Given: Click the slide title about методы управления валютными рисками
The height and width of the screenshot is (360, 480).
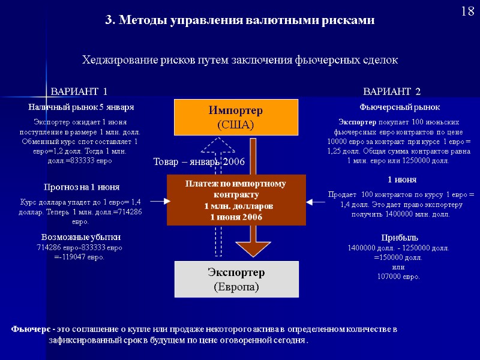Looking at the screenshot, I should pyautogui.click(x=239, y=20).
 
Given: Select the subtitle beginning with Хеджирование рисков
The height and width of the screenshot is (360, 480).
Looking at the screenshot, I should pyautogui.click(x=239, y=61).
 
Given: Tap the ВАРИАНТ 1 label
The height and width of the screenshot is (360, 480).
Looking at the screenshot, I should pyautogui.click(x=79, y=91).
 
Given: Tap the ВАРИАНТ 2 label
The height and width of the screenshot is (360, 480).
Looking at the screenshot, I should pyautogui.click(x=392, y=91).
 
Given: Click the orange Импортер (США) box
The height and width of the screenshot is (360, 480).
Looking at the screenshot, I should pyautogui.click(x=236, y=118).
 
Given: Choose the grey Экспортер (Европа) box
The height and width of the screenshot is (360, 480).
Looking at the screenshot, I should pyautogui.click(x=236, y=280).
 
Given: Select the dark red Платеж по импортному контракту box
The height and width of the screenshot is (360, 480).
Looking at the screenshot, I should pyautogui.click(x=236, y=200).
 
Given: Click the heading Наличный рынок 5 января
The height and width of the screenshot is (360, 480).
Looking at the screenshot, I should pyautogui.click(x=81, y=107).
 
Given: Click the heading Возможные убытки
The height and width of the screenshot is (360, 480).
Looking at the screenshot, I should pyautogui.click(x=80, y=237).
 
